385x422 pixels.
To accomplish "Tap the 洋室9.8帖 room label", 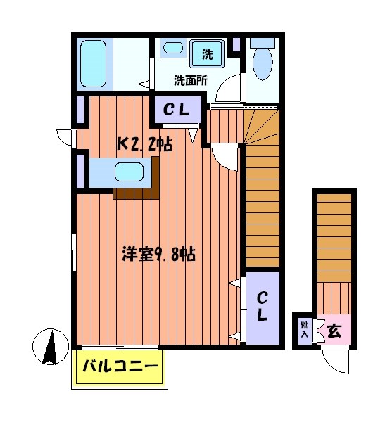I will [158, 254].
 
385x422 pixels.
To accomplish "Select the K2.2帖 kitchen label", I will [144, 144].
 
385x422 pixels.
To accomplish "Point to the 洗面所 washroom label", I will [191, 80].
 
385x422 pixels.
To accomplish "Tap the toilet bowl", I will [262, 65].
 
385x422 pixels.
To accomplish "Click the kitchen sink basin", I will [131, 172].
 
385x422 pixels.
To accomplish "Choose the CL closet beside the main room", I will [261, 307].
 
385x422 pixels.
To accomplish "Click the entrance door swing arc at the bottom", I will [336, 361].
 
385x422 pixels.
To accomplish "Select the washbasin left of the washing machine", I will [172, 49].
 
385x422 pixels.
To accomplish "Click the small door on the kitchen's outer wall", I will [64, 136].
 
